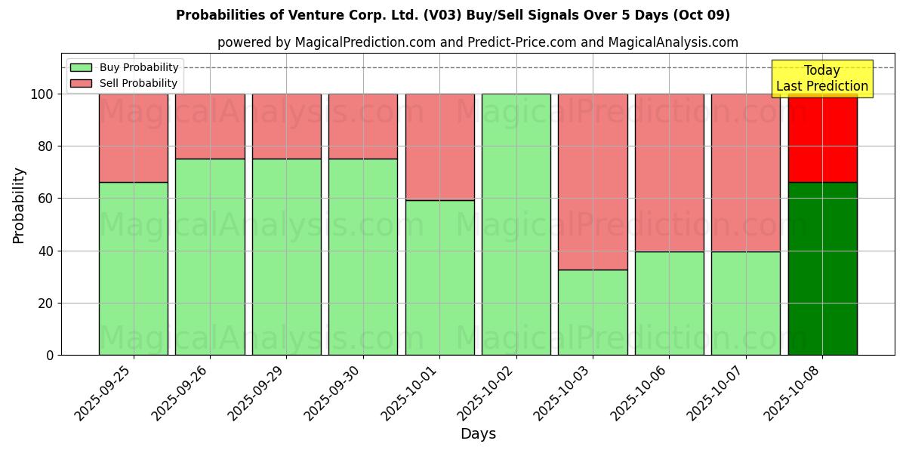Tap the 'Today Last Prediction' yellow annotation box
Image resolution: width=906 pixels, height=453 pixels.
pyautogui.click(x=821, y=79)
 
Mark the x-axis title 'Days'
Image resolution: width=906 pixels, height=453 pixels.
pyautogui.click(x=478, y=434)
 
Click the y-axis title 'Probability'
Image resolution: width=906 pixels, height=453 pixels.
pyautogui.click(x=19, y=205)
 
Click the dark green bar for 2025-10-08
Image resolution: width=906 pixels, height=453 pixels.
pyautogui.click(x=822, y=268)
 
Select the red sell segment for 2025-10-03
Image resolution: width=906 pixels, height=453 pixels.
pyautogui.click(x=593, y=181)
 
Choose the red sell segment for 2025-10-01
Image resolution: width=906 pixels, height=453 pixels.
pyautogui.click(x=439, y=146)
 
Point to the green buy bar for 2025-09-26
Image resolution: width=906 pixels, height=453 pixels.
pyautogui.click(x=210, y=257)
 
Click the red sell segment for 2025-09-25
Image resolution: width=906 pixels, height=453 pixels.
pyautogui.click(x=134, y=137)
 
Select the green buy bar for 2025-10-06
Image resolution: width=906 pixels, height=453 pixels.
pyautogui.click(x=669, y=303)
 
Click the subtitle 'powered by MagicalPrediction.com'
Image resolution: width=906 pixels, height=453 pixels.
pyautogui.click(x=477, y=42)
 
